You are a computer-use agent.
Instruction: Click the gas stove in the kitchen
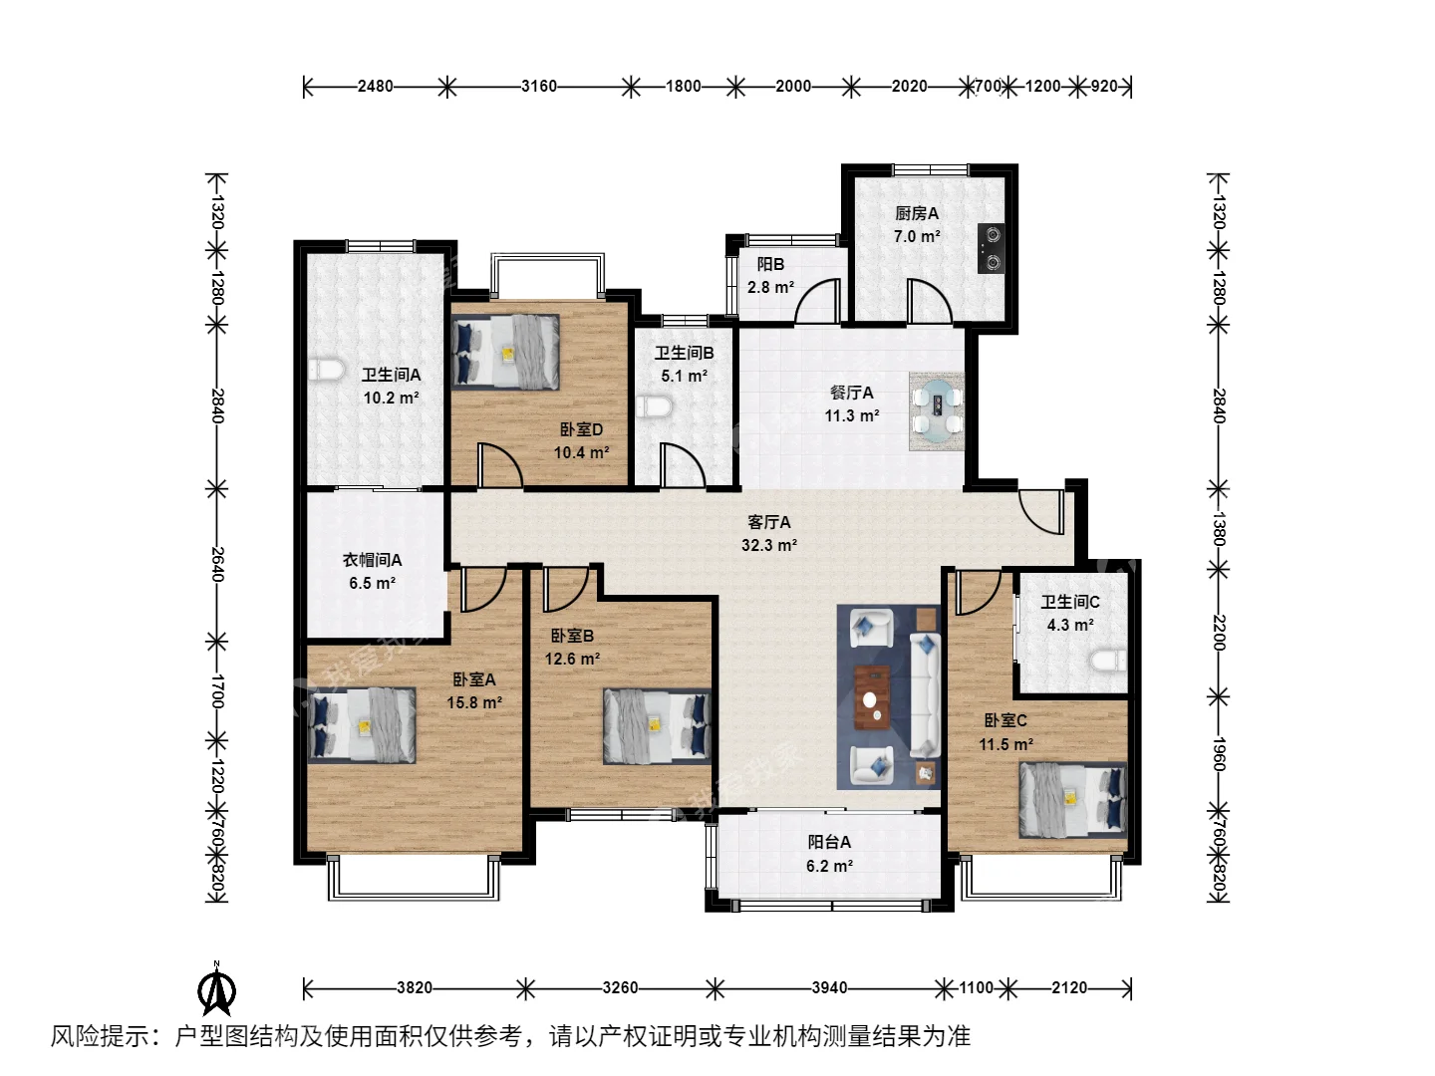coord(991,248)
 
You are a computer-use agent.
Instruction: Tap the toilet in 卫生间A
coord(326,369)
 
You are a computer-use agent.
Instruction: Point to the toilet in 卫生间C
coord(1109,661)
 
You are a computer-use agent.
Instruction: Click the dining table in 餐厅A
coord(937,410)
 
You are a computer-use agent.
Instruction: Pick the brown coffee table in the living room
coord(872,697)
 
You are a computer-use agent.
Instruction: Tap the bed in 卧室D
coord(505,353)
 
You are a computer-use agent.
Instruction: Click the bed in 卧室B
coord(657,725)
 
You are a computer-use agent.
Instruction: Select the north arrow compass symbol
coord(217,988)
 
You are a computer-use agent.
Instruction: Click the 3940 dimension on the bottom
coord(829,987)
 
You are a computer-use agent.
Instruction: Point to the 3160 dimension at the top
coord(539,87)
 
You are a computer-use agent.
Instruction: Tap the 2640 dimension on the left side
coord(217,565)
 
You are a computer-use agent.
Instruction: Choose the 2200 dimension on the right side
coord(1219,633)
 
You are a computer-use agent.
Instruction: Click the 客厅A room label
coord(768,522)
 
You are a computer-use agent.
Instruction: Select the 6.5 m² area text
coord(372,583)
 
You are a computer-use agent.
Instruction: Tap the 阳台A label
coord(829,842)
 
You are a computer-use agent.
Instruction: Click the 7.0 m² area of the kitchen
coord(917,236)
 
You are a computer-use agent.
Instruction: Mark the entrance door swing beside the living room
coord(1040,511)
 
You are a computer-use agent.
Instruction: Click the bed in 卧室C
coord(1073,800)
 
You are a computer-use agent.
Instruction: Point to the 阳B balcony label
coord(770,264)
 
